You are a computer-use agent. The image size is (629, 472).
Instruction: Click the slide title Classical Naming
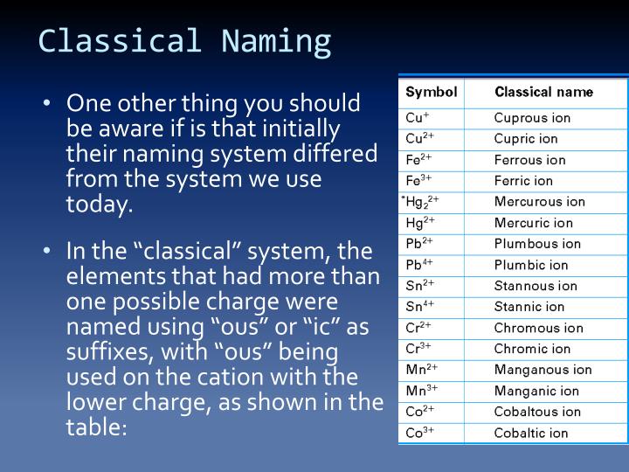184,41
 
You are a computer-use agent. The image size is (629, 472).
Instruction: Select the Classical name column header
543,92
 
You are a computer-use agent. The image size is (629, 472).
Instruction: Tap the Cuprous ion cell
532,118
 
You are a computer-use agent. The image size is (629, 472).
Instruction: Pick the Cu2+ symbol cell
420,139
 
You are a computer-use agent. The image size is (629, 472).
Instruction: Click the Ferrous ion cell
529,160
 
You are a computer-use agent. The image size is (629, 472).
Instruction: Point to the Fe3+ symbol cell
420,181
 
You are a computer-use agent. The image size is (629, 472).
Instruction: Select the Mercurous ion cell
539,202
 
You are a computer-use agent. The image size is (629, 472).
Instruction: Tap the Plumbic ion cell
530,265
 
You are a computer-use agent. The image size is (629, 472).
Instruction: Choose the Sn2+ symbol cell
420,286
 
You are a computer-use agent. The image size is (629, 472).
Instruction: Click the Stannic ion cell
529,307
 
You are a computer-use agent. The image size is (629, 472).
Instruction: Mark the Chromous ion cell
538,328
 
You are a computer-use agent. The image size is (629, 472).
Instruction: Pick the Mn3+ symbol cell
421,391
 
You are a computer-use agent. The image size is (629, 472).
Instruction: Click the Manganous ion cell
543,370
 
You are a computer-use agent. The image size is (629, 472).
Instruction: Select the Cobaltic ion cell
531,433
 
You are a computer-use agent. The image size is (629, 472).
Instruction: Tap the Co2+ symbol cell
420,412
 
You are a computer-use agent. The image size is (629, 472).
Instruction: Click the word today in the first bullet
98,205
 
